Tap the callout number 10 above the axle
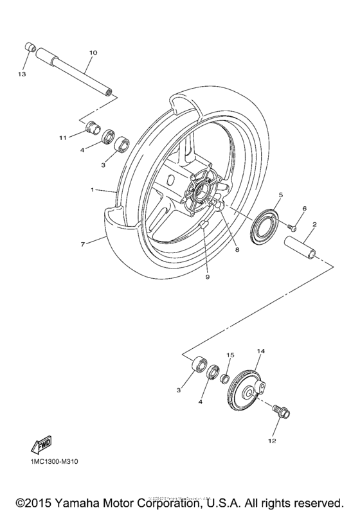point(93,52)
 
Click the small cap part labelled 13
point(29,47)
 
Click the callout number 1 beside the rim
point(93,190)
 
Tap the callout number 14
point(261,351)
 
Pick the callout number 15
point(230,355)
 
